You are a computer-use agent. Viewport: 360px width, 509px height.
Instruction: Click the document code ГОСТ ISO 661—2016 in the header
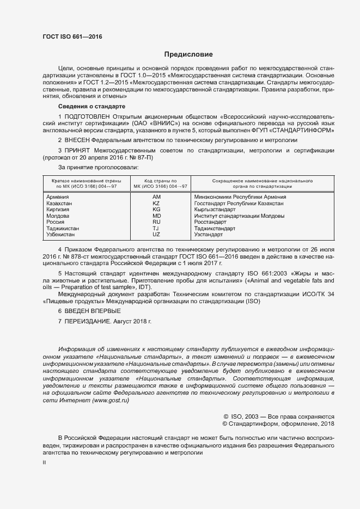coord(72,37)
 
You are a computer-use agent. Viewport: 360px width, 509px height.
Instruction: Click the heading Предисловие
coord(189,54)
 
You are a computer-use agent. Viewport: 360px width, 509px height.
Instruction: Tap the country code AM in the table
coord(156,197)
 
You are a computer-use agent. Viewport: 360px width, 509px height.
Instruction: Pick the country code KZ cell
coord(156,203)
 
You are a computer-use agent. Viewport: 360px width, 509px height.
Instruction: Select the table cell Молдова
coord(57,216)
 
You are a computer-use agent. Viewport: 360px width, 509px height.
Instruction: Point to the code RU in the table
coord(156,222)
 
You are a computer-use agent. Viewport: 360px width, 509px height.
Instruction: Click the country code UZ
coord(156,235)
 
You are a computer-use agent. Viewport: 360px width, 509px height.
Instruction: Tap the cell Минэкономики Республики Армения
coord(240,197)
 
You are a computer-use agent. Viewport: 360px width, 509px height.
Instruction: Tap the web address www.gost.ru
coord(111,400)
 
